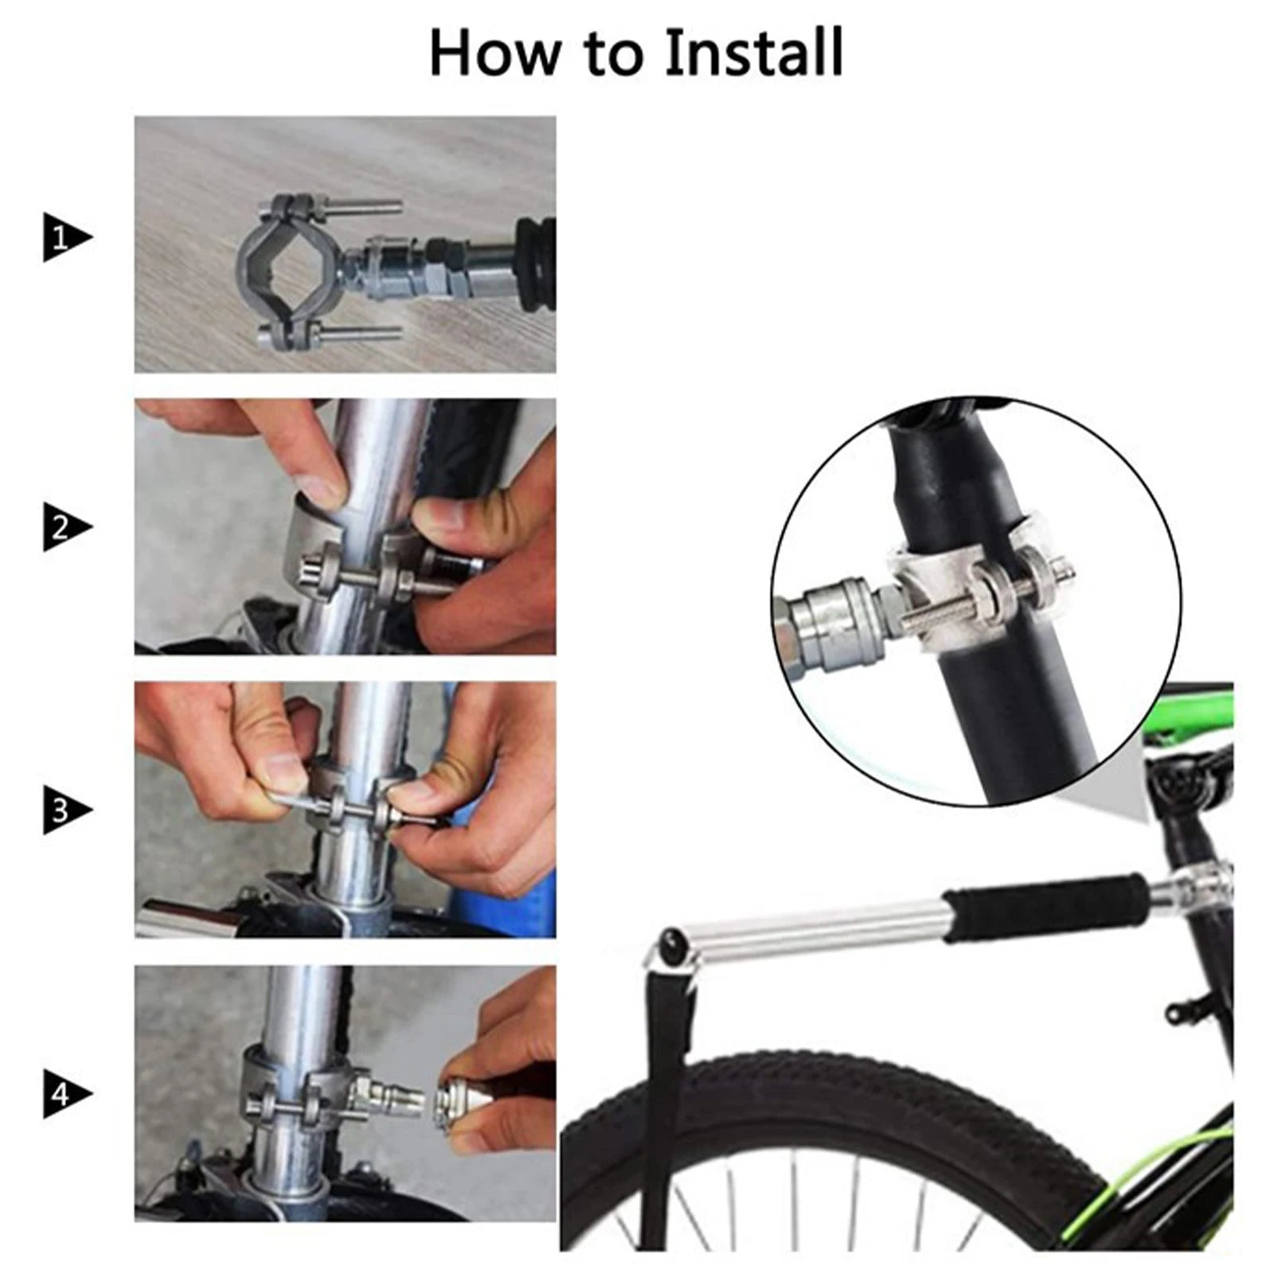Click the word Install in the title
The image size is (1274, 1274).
(x=753, y=53)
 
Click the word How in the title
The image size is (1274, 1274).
(x=494, y=53)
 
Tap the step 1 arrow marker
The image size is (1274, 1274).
(x=67, y=237)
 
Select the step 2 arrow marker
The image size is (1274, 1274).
(x=67, y=527)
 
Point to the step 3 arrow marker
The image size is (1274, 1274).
(x=67, y=811)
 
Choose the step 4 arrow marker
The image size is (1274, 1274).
(x=67, y=1095)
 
